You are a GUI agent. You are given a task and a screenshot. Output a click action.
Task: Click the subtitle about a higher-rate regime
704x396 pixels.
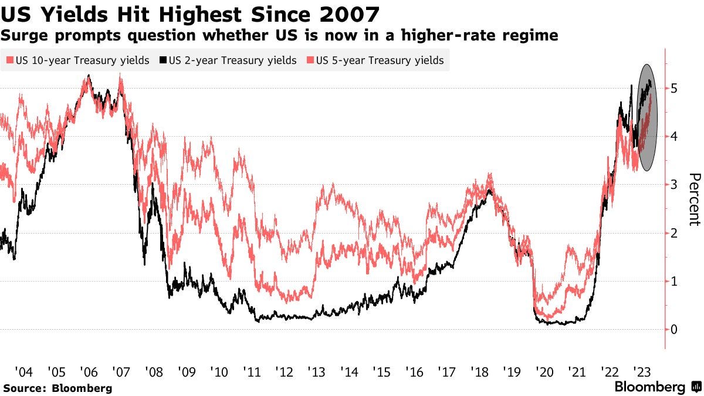click(279, 36)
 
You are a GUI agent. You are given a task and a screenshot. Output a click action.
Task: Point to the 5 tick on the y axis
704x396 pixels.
click(675, 89)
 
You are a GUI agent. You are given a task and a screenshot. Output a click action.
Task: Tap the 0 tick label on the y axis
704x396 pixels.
click(675, 330)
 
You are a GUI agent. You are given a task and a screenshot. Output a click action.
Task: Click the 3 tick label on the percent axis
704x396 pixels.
click(675, 185)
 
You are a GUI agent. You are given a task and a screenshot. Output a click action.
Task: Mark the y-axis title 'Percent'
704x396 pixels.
click(695, 199)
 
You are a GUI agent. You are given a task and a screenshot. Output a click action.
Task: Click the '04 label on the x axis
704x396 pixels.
click(24, 372)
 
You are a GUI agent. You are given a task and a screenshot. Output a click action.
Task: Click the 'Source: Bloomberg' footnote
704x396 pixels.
click(57, 388)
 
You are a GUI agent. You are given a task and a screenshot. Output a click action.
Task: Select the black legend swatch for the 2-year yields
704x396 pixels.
click(164, 60)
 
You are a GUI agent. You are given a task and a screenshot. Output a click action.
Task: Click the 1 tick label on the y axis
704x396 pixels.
click(675, 282)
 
